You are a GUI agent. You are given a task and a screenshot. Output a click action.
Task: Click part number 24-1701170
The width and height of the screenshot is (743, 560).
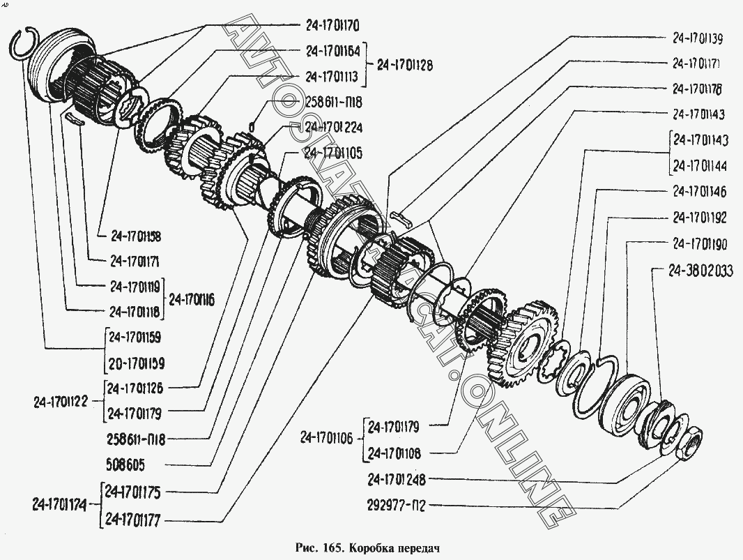pos(332,27)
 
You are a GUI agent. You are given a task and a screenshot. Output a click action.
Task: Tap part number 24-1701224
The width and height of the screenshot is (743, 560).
pos(333,128)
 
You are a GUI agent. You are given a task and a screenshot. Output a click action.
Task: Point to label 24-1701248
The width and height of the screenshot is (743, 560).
pos(396,480)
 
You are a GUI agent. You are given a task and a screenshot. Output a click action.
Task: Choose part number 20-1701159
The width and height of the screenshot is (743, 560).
pos(137,363)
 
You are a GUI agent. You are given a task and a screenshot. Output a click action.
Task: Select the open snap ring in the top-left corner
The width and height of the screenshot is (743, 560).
pos(26,41)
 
